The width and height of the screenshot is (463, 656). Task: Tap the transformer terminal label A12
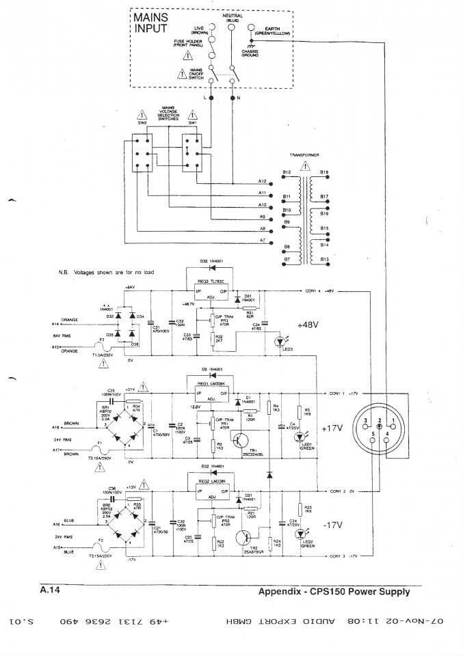click(x=262, y=181)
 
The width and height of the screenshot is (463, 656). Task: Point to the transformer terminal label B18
click(x=324, y=172)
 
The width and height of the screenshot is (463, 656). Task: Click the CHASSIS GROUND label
click(x=249, y=53)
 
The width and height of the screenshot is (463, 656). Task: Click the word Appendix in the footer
click(x=279, y=592)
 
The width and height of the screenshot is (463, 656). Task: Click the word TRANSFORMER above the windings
click(x=304, y=155)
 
